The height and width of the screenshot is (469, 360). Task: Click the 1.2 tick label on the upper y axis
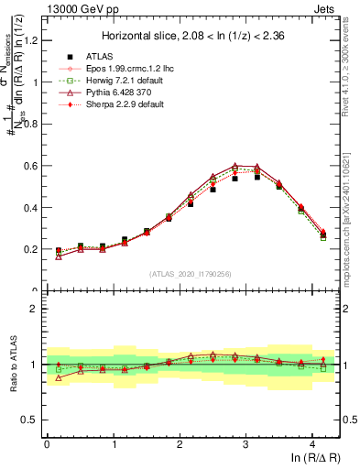pos(31,40)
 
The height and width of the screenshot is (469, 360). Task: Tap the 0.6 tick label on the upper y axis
pos(31,166)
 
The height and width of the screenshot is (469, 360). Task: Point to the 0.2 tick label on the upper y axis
pos(31,249)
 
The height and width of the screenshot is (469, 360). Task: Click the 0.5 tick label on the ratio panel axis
pos(31,420)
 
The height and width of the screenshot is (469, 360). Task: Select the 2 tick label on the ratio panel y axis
pos(36,309)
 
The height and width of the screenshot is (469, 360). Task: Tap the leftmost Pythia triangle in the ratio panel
pos(58,377)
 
